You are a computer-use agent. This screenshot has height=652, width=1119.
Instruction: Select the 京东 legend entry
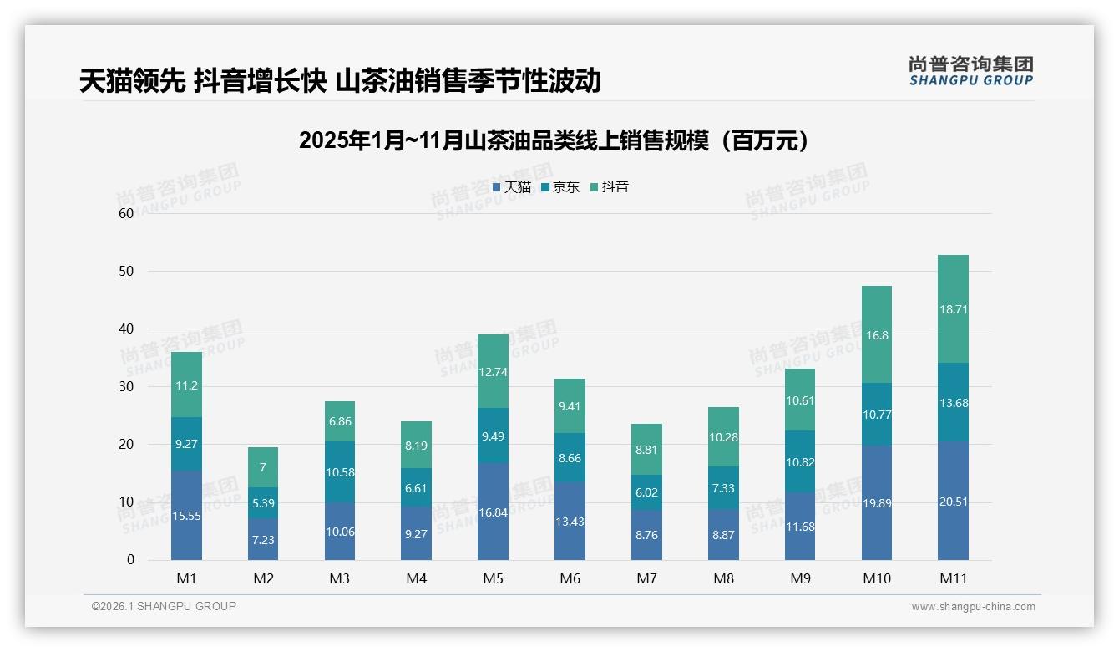point(559,187)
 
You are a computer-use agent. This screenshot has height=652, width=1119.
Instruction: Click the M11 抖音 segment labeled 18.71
point(953,308)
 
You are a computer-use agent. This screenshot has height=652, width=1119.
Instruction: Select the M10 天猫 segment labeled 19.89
point(876,502)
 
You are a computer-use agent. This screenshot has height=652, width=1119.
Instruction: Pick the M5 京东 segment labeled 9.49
point(493,436)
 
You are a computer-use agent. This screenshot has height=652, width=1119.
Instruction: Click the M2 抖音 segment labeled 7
point(263,467)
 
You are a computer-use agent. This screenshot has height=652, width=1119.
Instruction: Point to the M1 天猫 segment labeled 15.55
point(186,515)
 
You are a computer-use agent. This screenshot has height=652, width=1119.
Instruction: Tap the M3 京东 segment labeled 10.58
point(340,472)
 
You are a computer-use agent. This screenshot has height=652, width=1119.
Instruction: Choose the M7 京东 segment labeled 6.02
point(646,492)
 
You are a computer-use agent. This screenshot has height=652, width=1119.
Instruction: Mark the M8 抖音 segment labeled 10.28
point(723,436)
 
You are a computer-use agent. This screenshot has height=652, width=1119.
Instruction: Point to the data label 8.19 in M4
point(416,446)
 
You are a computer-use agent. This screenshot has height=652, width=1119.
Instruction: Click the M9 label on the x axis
point(800,578)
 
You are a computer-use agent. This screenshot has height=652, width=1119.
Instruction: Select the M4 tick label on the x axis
point(416,578)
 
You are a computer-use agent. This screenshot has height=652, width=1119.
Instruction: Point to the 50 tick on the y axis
point(126,272)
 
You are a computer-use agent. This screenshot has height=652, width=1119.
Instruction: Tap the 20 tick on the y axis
point(126,445)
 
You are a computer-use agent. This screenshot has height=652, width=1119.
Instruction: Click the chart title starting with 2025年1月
point(554,140)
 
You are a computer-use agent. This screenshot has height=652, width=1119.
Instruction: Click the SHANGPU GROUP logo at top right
point(970,71)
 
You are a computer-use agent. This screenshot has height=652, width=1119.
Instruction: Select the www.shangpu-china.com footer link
point(973,607)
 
